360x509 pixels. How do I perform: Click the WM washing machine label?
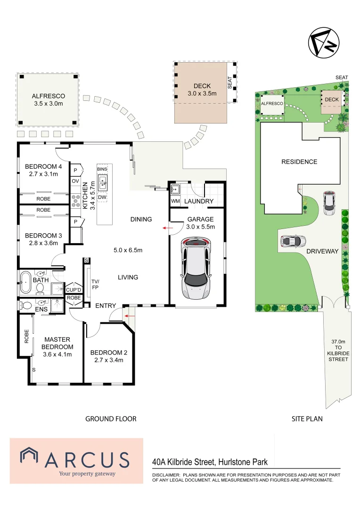[175, 201]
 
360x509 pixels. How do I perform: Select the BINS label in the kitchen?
[102, 169]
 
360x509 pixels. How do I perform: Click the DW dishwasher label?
[102, 197]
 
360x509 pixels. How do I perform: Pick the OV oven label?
[75, 181]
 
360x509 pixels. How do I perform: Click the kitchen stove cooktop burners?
[75, 201]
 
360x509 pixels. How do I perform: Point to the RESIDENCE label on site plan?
[299, 162]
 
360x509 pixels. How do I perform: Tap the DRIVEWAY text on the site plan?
[322, 251]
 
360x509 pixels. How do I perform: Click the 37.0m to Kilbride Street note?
[337, 350]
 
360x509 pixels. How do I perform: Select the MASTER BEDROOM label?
[57, 343]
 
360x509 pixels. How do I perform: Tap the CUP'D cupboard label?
[74, 289]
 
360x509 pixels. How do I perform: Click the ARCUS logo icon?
[30, 458]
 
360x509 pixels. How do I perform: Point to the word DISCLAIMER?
[165, 475]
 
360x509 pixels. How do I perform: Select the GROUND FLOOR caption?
[111, 419]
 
